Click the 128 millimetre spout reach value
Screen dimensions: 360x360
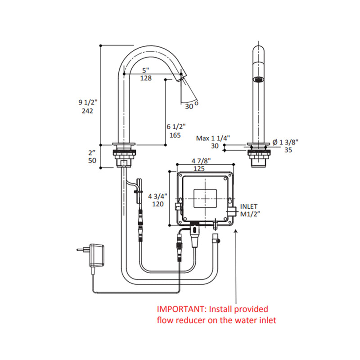point(145,78)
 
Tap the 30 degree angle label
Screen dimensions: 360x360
point(189,106)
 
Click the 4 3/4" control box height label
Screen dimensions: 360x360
point(157,196)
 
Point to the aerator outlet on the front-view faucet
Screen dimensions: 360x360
point(258,80)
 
